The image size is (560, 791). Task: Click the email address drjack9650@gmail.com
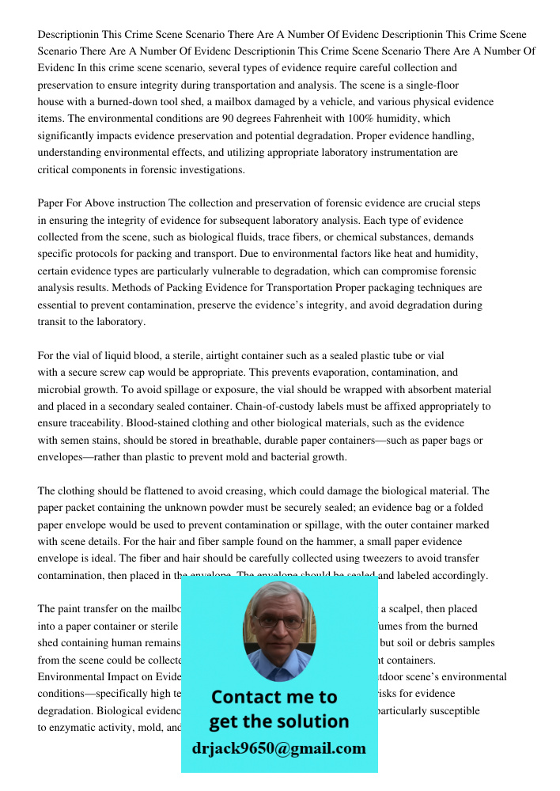coord(278,748)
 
